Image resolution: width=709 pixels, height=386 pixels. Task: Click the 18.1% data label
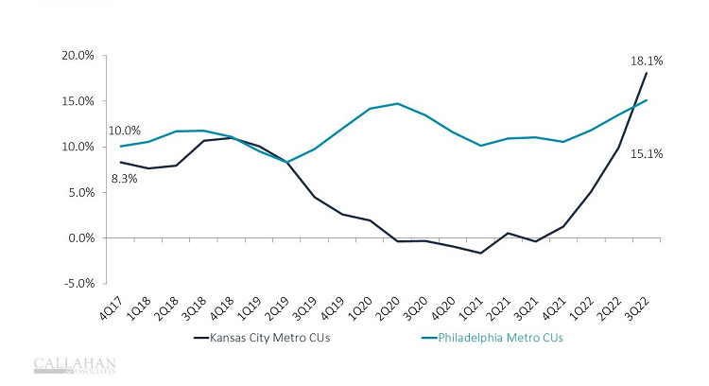pos(647,61)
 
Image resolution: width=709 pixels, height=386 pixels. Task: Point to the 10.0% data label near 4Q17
pos(125,131)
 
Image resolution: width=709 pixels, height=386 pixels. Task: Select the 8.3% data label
pos(125,177)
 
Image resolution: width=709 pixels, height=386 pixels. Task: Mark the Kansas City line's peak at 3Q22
pos(646,73)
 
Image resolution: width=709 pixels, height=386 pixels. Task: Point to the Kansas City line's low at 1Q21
pos(480,253)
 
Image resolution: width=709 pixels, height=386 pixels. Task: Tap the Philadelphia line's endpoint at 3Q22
pos(646,100)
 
